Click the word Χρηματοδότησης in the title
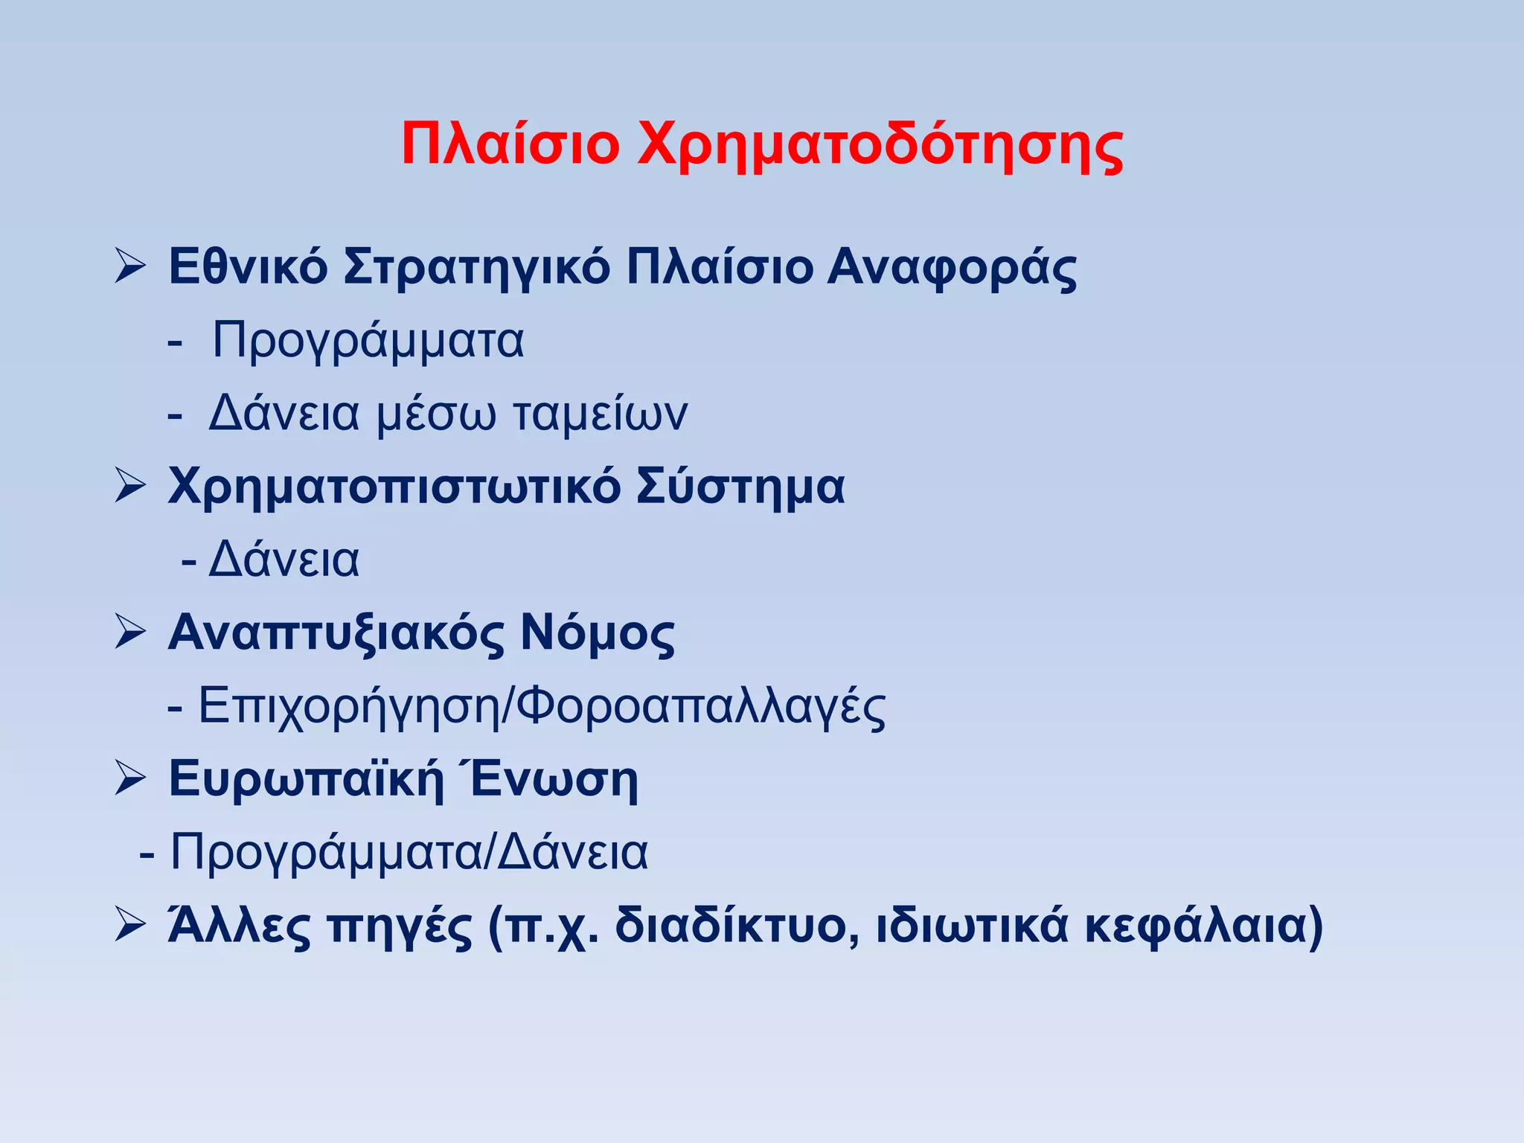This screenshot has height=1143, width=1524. click(x=880, y=146)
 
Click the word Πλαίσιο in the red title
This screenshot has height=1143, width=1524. click(x=510, y=144)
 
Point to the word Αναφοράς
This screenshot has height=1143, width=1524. click(x=952, y=268)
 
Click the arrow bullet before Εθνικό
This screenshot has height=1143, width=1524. click(x=129, y=266)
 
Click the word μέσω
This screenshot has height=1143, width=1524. click(x=435, y=414)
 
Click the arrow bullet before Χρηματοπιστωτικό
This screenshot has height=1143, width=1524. click(x=129, y=487)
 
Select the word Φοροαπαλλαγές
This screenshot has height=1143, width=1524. click(x=701, y=707)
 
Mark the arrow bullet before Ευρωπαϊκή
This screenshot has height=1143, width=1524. click(x=129, y=780)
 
